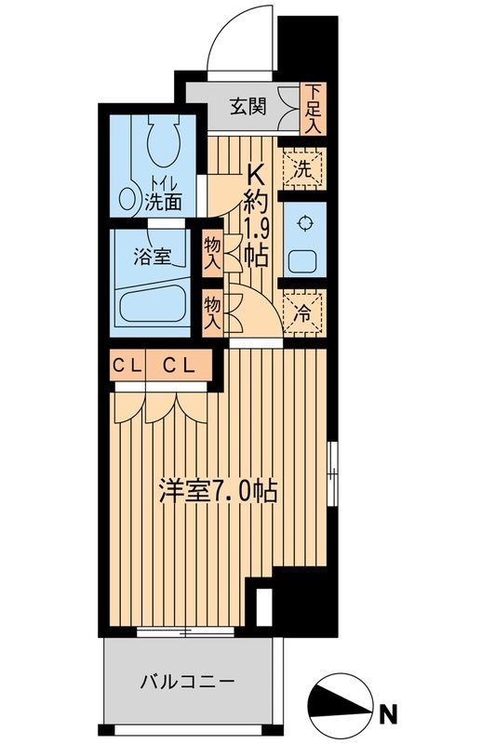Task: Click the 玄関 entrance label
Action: point(248,105)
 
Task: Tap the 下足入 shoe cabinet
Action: point(314,109)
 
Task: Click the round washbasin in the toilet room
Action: point(128,199)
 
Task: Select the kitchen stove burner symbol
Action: point(303,224)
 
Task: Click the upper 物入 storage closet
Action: point(212,253)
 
